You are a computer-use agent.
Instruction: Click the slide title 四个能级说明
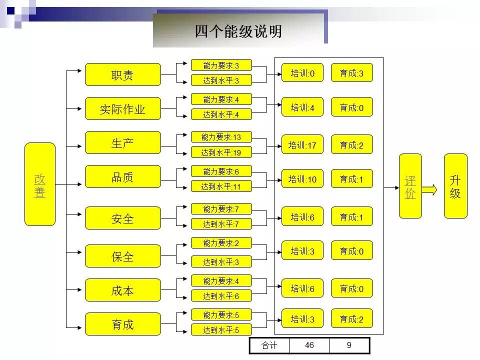[238, 31]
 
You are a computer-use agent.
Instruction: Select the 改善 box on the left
[40, 184]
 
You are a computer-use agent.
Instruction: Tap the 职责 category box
[123, 74]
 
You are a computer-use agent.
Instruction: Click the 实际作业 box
[123, 108]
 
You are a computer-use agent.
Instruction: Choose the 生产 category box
[123, 142]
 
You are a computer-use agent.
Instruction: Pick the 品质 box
[123, 176]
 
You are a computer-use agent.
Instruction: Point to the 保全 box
[123, 256]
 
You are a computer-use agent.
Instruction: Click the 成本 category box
[123, 290]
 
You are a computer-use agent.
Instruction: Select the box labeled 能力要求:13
[221, 136]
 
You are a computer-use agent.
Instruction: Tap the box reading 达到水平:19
[221, 152]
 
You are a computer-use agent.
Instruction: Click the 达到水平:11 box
[221, 186]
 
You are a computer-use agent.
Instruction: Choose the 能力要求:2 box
[221, 243]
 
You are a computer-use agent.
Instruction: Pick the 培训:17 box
[302, 144]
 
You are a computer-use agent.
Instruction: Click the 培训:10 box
[302, 178]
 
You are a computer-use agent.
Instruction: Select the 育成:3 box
[352, 73]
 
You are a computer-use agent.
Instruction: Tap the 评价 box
[410, 186]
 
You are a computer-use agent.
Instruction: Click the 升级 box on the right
[455, 186]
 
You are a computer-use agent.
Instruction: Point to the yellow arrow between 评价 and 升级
[429, 189]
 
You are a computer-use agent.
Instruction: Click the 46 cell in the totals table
[309, 345]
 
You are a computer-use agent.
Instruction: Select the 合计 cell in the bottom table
[269, 345]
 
